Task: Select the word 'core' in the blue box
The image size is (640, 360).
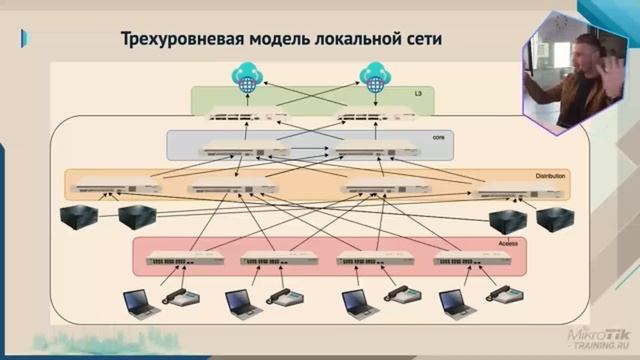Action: click(437, 136)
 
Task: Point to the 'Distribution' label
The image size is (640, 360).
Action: click(551, 176)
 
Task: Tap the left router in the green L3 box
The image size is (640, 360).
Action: click(241, 117)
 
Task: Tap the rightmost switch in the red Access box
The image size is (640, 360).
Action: click(466, 260)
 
